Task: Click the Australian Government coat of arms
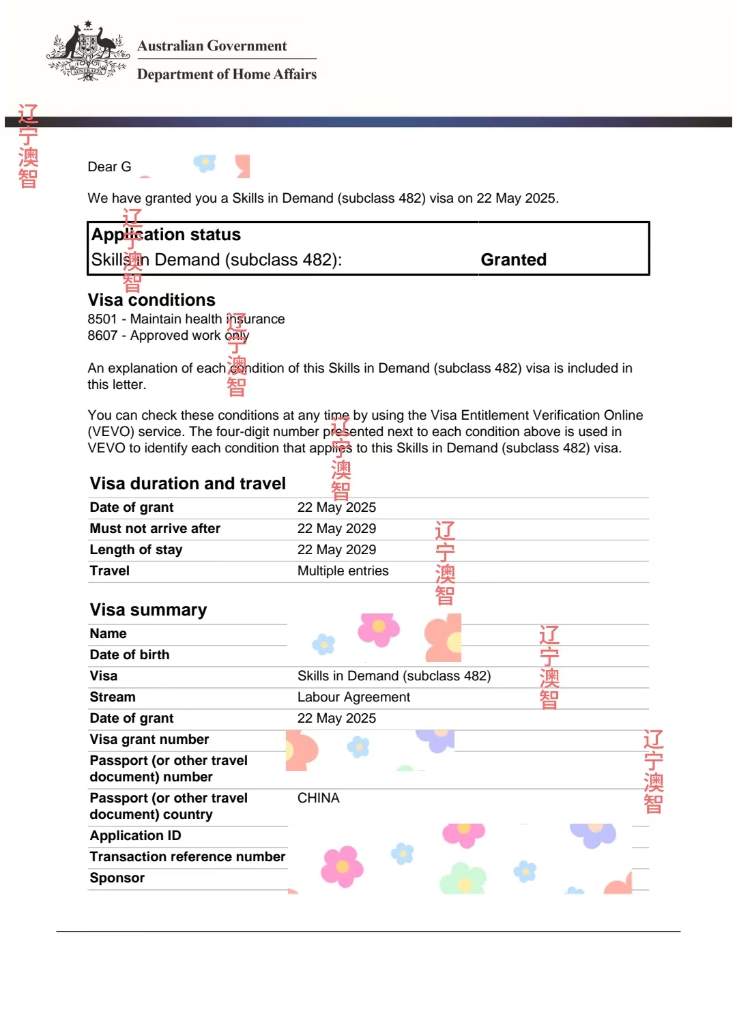click(87, 52)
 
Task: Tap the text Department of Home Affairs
click(227, 74)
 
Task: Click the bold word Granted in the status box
click(513, 260)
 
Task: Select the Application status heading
click(166, 235)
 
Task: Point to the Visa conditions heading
click(151, 300)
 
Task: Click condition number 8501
click(102, 319)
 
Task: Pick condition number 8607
click(102, 336)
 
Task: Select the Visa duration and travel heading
click(188, 484)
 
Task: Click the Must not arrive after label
click(155, 529)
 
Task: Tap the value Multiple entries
click(343, 571)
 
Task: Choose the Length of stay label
click(136, 550)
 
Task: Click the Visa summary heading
click(148, 610)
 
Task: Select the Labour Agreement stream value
click(353, 697)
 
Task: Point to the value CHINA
click(318, 798)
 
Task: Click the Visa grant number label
click(149, 740)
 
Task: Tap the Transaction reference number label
click(188, 857)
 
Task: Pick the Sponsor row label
click(117, 878)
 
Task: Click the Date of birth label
click(130, 655)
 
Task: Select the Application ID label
click(135, 836)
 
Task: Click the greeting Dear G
click(109, 167)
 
